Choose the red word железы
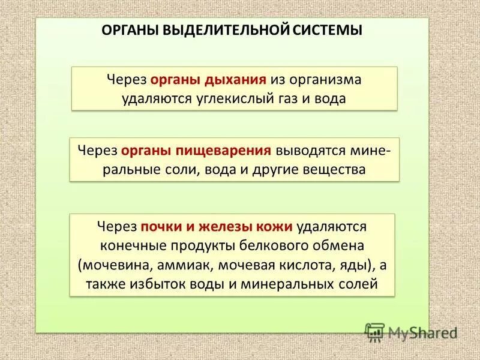point(220,226)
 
